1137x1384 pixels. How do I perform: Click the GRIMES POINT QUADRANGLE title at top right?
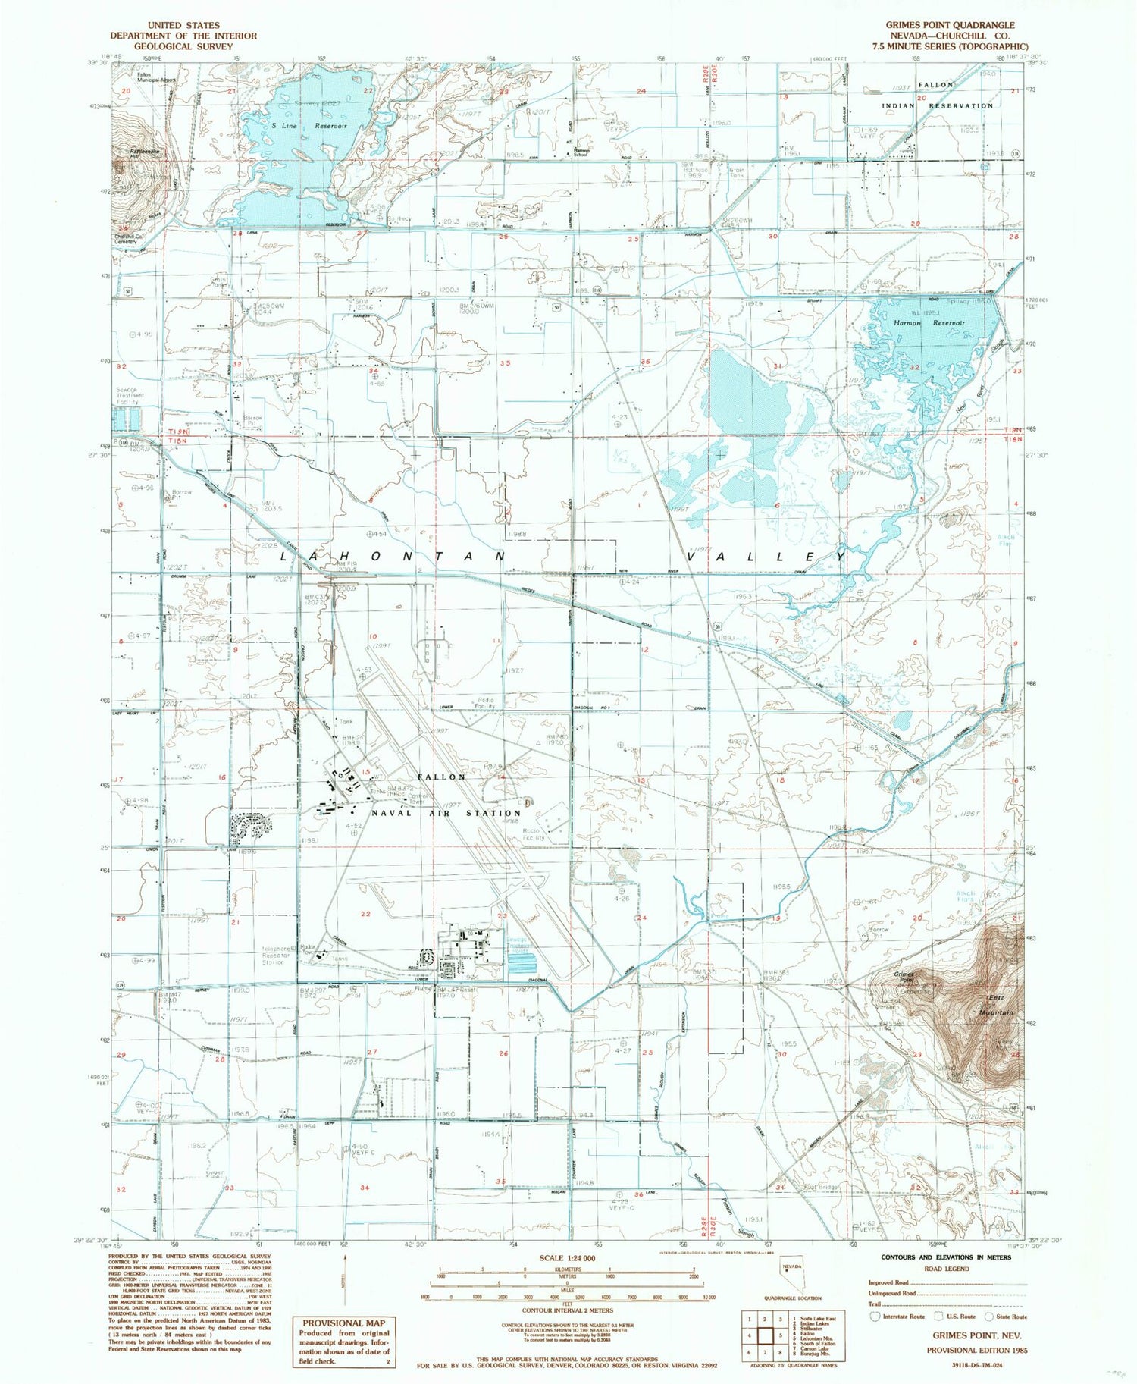pos(950,25)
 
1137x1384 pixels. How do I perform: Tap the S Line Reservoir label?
pos(300,126)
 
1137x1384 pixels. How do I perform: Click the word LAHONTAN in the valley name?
pos(393,556)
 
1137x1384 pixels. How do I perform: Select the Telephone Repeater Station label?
pos(277,955)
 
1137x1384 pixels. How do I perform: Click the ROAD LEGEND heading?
pos(946,1269)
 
